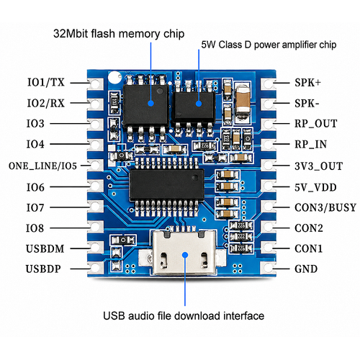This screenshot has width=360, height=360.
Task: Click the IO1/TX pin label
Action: pos(46,82)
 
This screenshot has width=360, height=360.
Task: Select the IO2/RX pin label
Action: pos(46,103)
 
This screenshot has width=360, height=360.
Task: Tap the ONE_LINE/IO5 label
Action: pos(42,166)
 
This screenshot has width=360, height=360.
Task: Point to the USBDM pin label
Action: pos(45,248)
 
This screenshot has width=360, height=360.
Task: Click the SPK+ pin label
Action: pos(307,83)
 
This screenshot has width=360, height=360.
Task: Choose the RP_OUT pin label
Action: pos(316,124)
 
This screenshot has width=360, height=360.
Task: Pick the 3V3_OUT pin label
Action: pos(318,166)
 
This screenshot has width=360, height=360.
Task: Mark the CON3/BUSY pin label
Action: pos(325,207)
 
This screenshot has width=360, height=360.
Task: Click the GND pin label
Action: pos(306,269)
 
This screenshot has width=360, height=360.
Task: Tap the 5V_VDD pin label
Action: pos(315,187)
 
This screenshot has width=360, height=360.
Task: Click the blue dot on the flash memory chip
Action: pos(150,104)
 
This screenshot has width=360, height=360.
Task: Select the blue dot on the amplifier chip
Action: pos(199,104)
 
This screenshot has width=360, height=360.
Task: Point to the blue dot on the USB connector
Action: pos(185,255)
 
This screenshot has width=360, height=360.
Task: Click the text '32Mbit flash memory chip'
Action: pos(119,34)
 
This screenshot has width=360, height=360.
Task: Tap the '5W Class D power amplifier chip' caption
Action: pos(269,45)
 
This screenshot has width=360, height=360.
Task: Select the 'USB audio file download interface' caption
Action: pos(184,316)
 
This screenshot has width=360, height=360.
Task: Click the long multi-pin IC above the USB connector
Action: pos(167,185)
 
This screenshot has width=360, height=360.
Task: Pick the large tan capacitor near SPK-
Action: pos(243,103)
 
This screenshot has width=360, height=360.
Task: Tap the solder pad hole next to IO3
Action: pos(96,124)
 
